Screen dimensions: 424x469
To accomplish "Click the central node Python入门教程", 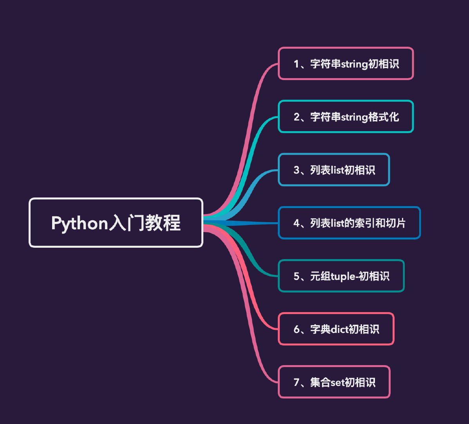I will pyautogui.click(x=116, y=223).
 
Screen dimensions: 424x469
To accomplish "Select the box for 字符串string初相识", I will pyautogui.click(x=346, y=64).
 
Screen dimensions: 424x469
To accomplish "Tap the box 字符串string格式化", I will pyautogui.click(x=346, y=117).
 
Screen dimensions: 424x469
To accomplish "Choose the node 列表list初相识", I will pyautogui.click(x=334, y=170).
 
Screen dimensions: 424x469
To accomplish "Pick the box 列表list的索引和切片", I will pyautogui.click(x=349, y=223).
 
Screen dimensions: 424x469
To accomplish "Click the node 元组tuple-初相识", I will pyautogui.click(x=341, y=276).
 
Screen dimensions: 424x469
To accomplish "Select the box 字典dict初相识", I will pyautogui.click(x=336, y=329).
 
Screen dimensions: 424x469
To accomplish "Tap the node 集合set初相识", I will pyautogui.click(x=334, y=382).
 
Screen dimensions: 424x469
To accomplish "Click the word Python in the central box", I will pyautogui.click(x=80, y=223).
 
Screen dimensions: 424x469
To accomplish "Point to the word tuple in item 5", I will pyautogui.click(x=344, y=276).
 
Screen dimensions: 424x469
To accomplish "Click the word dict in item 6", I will pyautogui.click(x=339, y=329).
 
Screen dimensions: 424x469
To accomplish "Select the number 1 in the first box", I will pyautogui.click(x=296, y=64).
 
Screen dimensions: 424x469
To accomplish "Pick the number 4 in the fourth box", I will pyautogui.click(x=296, y=223).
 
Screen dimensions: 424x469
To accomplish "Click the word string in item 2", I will pyautogui.click(x=354, y=117).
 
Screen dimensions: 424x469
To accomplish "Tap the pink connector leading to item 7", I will pyautogui.click(x=255, y=345).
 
